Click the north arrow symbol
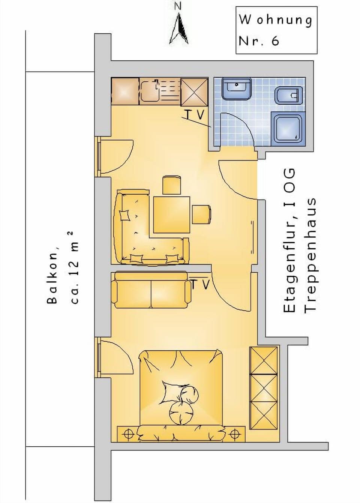[x=179, y=29]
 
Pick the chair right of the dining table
[x=201, y=214]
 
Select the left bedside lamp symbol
[x=128, y=434]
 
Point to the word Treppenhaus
[x=310, y=255]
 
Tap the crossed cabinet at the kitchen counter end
[x=194, y=91]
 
